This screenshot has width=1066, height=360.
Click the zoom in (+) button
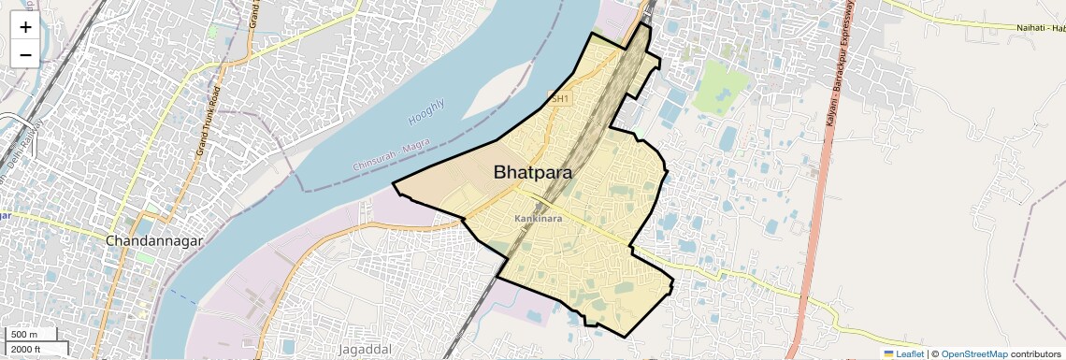point(25,27)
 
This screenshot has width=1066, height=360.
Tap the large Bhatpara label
point(533,173)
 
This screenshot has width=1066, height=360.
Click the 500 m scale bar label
point(24,335)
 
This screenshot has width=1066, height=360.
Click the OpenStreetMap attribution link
point(974,353)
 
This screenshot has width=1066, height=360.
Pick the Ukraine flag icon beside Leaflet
point(889,353)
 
